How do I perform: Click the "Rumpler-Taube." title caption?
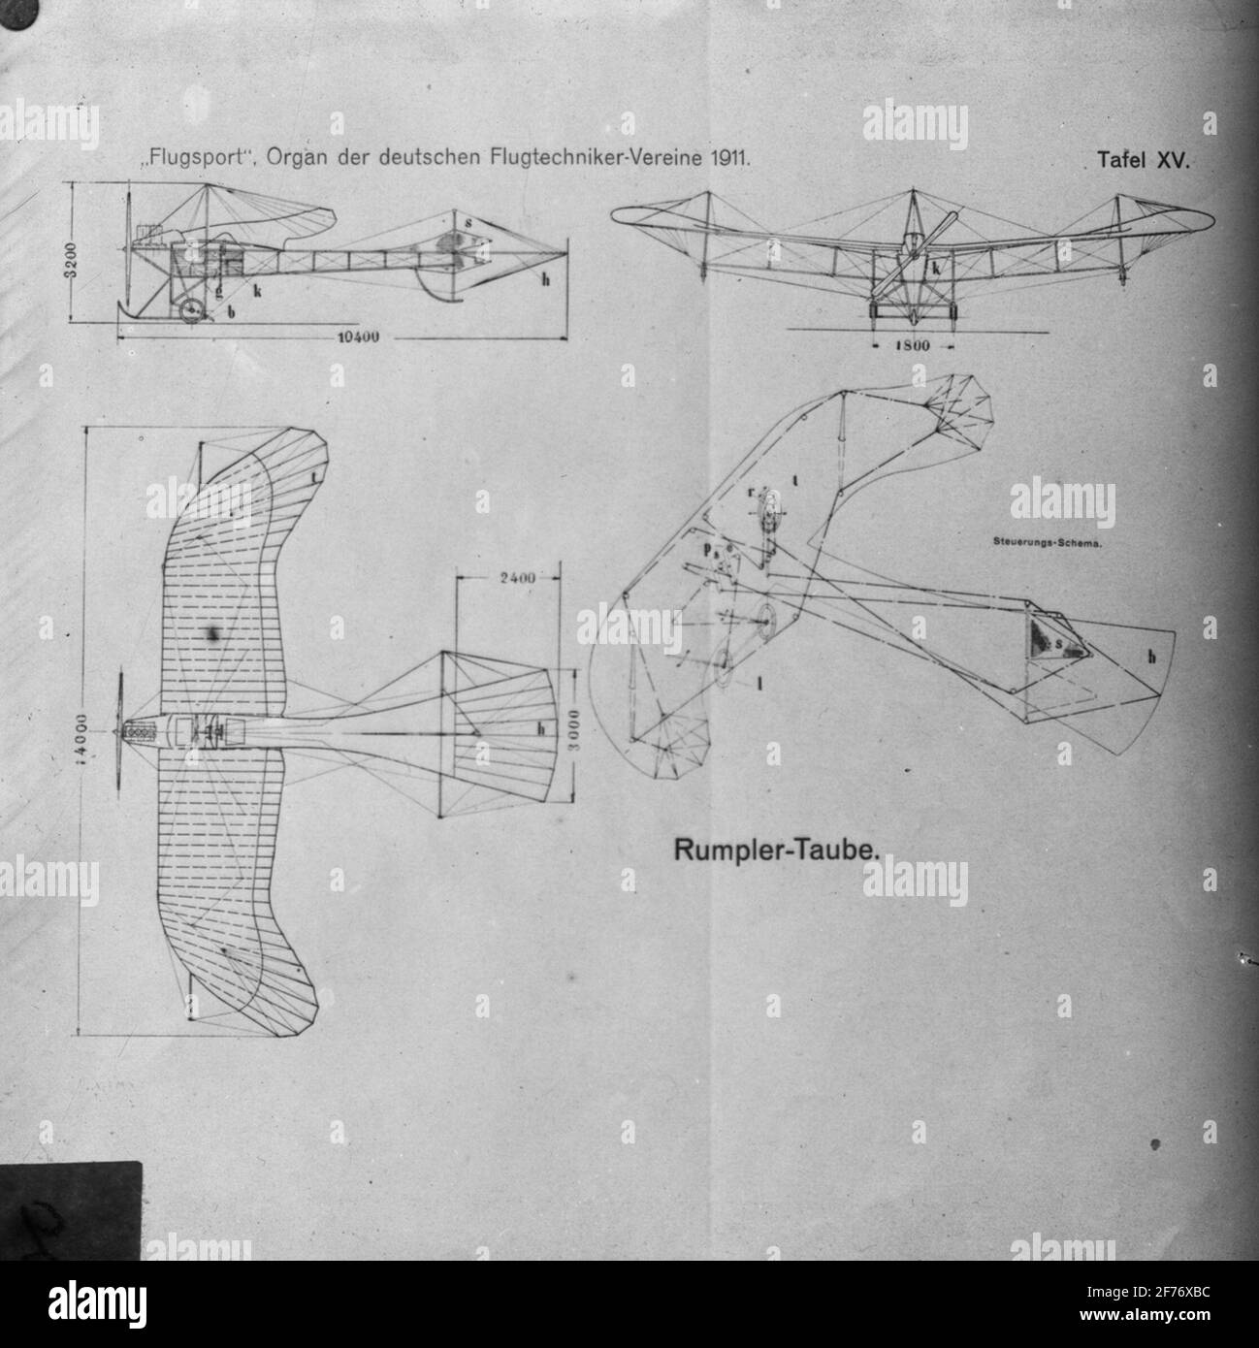point(777,851)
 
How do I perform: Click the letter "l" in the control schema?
point(759,683)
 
